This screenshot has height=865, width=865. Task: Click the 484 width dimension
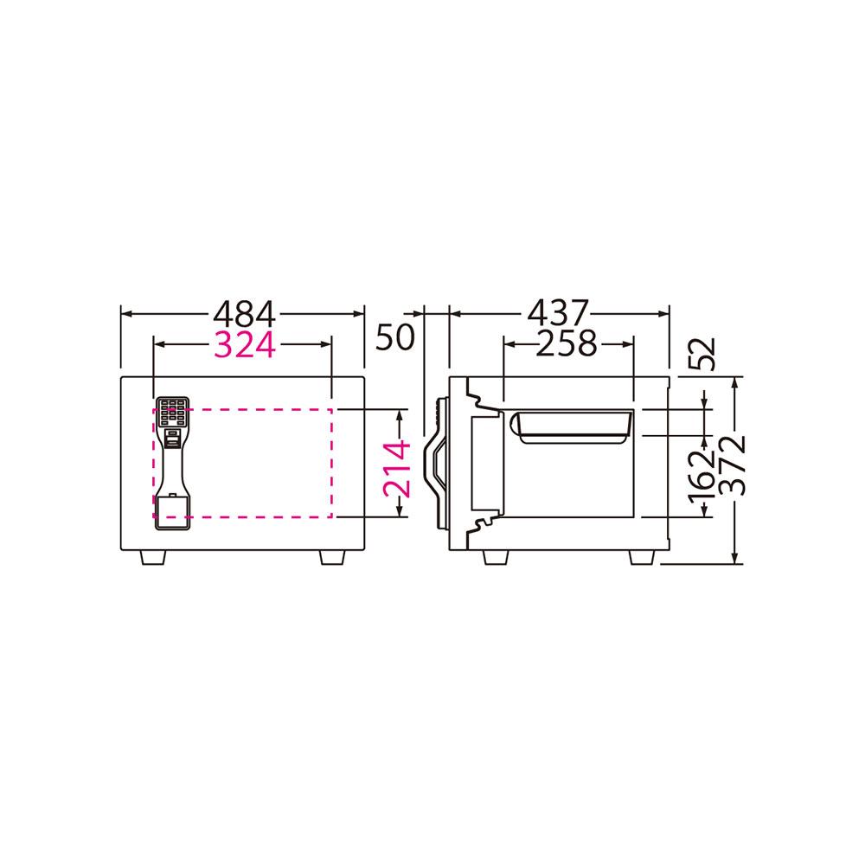coord(244,314)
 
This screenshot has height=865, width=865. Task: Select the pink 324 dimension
coord(245,345)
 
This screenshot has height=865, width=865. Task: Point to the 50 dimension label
coord(394,337)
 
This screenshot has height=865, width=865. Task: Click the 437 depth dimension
coord(559,313)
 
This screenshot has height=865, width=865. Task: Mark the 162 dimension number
coord(702,477)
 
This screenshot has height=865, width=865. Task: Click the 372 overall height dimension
coord(734,465)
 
